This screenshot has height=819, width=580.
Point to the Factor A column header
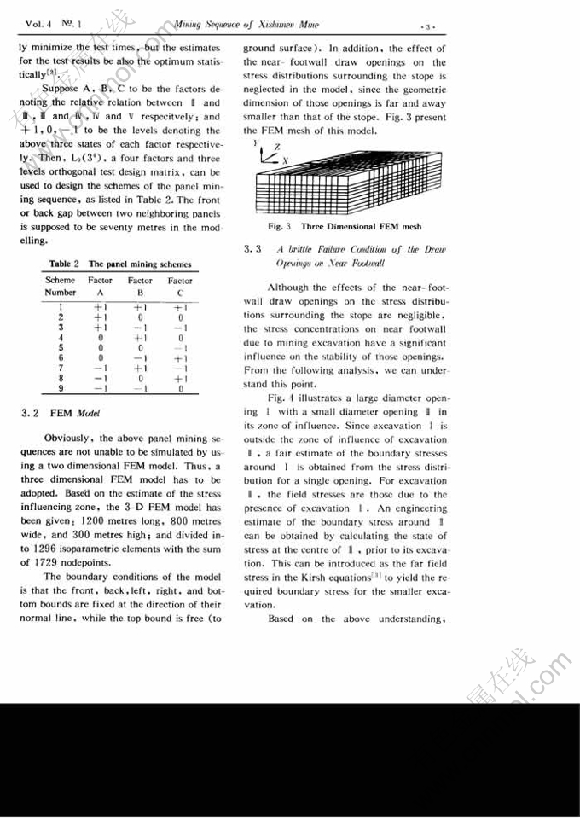coord(100,285)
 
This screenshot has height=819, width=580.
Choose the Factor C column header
coord(179,285)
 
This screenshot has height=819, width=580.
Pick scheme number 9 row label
coord(60,389)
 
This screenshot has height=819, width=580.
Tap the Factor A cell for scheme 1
coord(99,307)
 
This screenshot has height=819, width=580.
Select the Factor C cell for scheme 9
coord(180,389)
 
